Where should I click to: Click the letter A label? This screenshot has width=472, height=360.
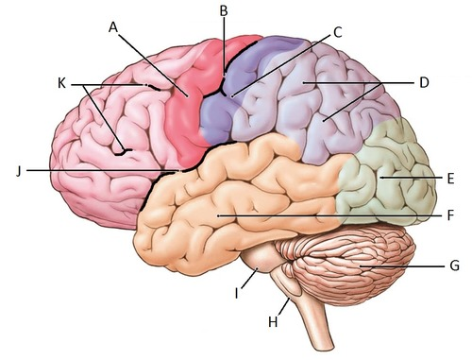(x=113, y=27)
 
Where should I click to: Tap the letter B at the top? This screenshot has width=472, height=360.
(x=224, y=10)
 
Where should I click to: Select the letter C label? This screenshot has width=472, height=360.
(x=337, y=31)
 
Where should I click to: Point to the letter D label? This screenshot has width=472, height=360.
(x=424, y=82)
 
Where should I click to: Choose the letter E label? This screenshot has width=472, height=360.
(x=449, y=177)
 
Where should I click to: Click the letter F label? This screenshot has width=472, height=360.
(x=450, y=215)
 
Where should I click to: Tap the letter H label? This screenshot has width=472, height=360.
(x=273, y=321)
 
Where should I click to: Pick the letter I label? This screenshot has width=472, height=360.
(x=237, y=292)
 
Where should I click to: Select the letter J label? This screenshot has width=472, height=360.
(x=18, y=171)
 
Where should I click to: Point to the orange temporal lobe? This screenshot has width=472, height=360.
(x=236, y=198)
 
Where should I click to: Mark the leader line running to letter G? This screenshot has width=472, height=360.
(x=406, y=267)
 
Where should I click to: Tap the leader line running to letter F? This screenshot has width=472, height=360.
(x=330, y=216)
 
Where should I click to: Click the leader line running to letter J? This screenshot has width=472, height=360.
(x=94, y=171)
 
